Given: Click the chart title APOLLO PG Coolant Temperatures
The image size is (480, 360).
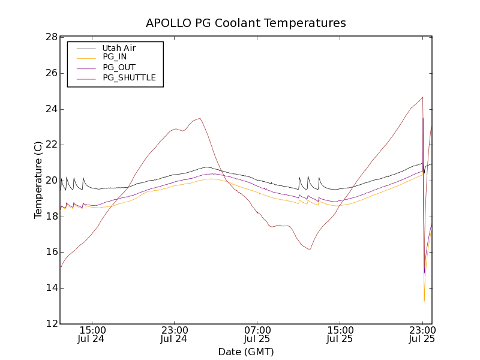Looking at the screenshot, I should [246, 23].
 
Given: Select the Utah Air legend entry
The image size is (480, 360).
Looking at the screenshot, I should [119, 48].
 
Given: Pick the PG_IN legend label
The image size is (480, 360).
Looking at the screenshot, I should [115, 57].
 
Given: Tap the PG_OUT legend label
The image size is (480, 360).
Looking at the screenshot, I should [119, 67].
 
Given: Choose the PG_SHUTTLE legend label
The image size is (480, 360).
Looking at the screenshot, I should [129, 77].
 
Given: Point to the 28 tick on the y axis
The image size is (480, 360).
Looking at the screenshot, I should [50, 37].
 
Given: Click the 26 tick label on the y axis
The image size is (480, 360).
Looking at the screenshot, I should [50, 73].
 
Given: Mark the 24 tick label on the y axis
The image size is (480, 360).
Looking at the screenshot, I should [50, 109].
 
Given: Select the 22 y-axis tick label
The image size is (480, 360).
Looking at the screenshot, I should [50, 145].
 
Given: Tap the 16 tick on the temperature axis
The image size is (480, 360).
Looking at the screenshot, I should [50, 252].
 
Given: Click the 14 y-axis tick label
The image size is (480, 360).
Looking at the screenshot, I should [50, 288].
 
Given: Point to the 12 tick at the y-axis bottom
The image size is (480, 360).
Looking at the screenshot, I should [50, 324].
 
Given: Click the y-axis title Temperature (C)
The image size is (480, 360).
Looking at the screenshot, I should [38, 180].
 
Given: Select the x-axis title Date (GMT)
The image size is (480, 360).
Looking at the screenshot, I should [246, 352].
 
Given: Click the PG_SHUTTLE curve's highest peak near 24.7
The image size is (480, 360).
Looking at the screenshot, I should [423, 97].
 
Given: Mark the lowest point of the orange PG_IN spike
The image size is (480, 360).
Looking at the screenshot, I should [424, 301].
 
